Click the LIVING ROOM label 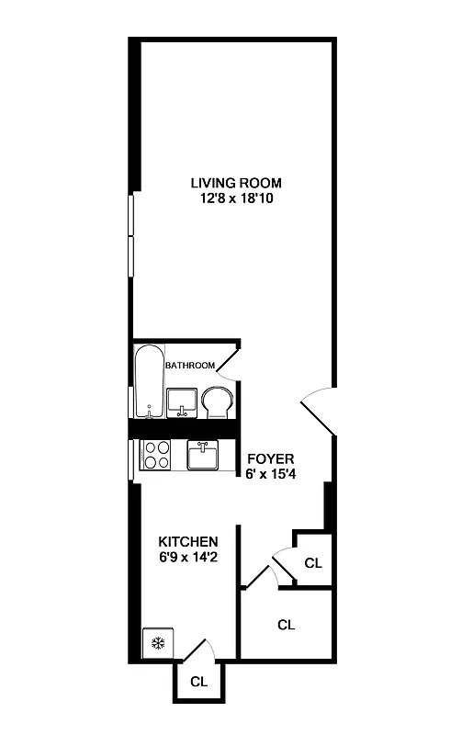pos(236,182)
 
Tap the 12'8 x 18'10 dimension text pos(236,198)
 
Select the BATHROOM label pos(190,366)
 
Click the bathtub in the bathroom pos(148,381)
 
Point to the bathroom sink pos(182,401)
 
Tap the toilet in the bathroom pos(218,402)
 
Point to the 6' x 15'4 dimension pos(269,474)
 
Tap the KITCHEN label pos(187,541)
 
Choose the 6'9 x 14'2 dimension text pos(187,557)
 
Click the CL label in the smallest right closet pos(312,562)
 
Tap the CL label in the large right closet pos(286,625)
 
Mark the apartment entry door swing pos(318,410)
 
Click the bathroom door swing pos(230,360)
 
